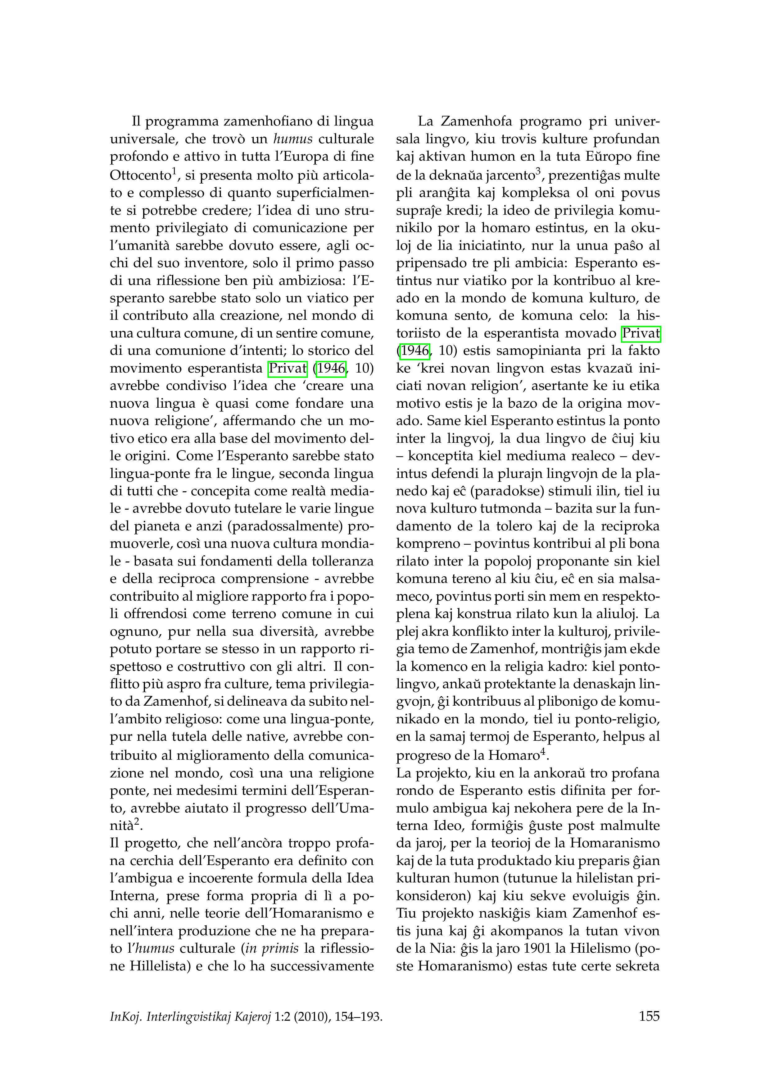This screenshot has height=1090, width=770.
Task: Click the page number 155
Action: (649, 1016)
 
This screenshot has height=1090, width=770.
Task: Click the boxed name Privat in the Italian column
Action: (288, 369)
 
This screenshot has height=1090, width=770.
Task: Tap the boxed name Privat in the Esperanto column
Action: (641, 333)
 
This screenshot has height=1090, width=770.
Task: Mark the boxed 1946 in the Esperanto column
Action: (415, 351)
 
